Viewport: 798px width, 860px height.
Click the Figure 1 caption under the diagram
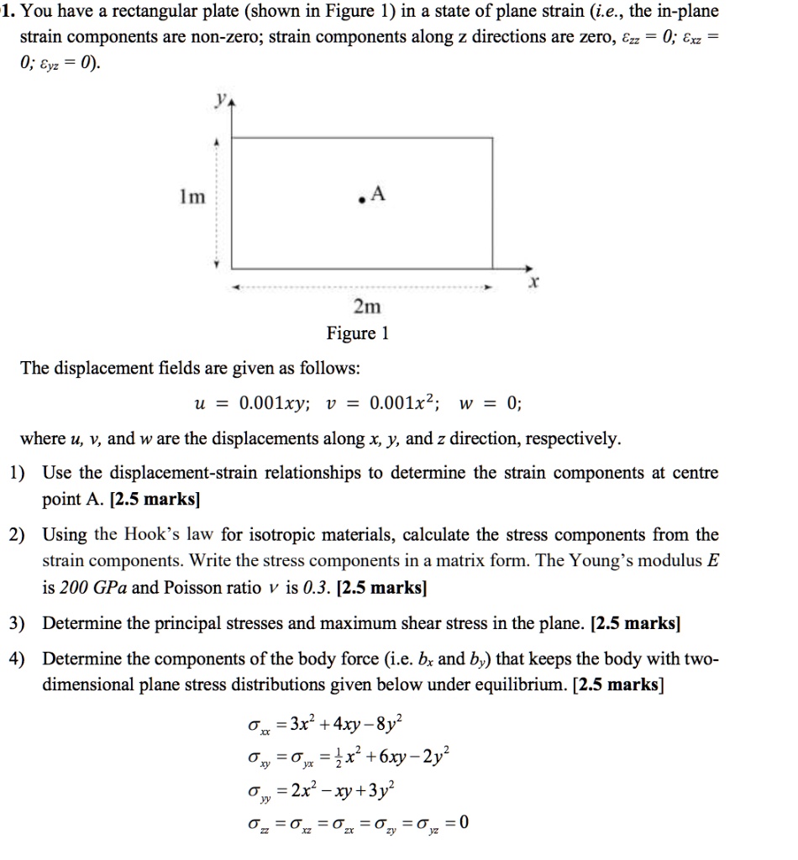(x=358, y=333)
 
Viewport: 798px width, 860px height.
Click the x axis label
(x=531, y=286)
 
